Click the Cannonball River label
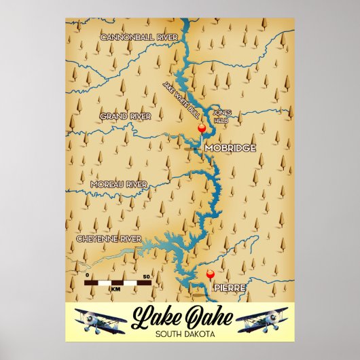coord(139,36)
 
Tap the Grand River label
coord(125,117)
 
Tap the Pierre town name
coord(229,288)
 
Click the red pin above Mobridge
coord(200,128)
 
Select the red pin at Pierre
coord(210,274)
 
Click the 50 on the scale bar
coord(147,276)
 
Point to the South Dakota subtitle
coord(179,334)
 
